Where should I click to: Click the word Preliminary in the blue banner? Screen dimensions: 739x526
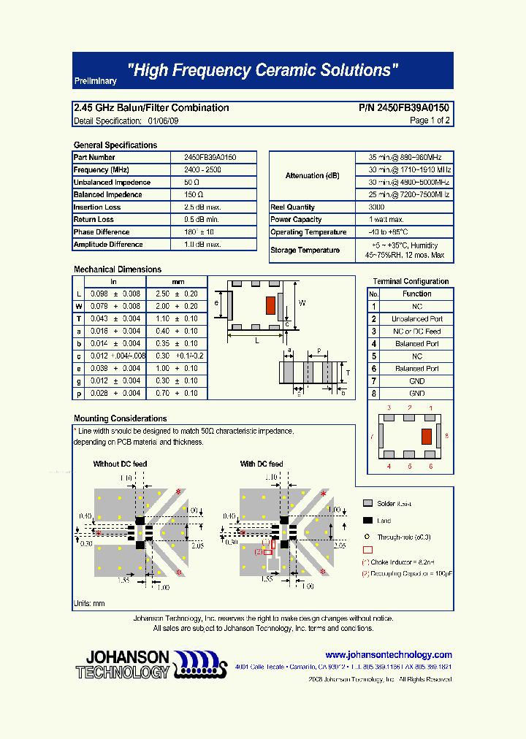[x=95, y=82]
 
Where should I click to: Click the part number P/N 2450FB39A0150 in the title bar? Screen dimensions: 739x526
[x=404, y=107]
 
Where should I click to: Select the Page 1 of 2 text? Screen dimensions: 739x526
[x=430, y=120]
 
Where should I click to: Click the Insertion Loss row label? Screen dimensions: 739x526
[x=97, y=207]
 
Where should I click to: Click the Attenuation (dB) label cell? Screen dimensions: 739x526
[x=313, y=176]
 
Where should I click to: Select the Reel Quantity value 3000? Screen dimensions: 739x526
[x=378, y=207]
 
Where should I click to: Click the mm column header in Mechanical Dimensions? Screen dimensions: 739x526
[x=178, y=282]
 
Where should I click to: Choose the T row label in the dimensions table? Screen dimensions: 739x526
[x=79, y=319]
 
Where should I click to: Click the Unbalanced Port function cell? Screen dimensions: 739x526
[x=416, y=319]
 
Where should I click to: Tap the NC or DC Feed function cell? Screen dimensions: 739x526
[x=416, y=332]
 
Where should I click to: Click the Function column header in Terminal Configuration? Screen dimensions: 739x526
[x=416, y=294]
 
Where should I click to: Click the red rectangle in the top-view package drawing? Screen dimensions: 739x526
[x=270, y=305]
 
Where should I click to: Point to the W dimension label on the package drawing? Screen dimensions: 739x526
[x=302, y=302]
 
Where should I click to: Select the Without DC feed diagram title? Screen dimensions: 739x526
[x=120, y=464]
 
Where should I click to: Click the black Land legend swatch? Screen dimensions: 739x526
[x=367, y=521]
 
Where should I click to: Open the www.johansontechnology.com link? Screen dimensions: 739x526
[x=389, y=655]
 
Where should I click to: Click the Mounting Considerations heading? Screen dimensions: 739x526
[x=120, y=418]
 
